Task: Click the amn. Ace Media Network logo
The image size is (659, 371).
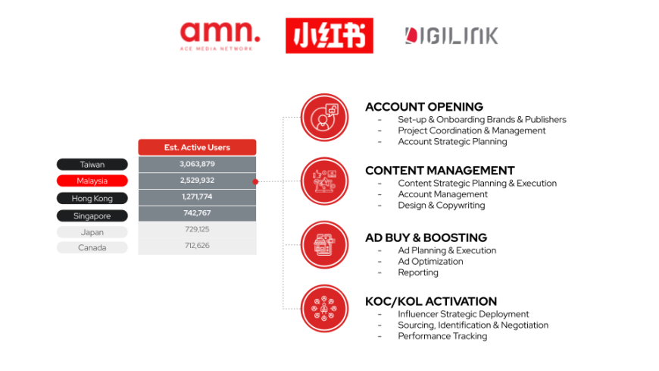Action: tap(220, 36)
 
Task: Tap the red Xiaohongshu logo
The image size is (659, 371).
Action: tap(329, 36)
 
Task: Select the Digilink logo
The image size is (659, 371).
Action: tap(451, 36)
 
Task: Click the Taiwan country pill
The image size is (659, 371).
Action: tap(92, 164)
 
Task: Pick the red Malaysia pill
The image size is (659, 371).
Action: tap(92, 181)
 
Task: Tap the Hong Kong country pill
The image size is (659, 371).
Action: tap(92, 198)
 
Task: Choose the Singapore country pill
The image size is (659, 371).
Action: tap(92, 215)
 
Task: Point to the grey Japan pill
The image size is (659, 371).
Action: tap(92, 232)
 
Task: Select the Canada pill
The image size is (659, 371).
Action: tap(92, 247)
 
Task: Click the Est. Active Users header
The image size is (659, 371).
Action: tap(197, 147)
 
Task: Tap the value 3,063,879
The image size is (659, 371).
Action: tap(197, 164)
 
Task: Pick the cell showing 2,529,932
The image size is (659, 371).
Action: tap(197, 181)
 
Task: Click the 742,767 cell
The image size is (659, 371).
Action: tap(197, 213)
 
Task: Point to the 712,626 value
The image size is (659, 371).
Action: tap(197, 246)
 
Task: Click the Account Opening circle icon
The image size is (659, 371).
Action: tap(324, 118)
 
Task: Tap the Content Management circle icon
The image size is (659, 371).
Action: tap(324, 181)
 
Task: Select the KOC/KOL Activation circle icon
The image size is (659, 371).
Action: tap(324, 309)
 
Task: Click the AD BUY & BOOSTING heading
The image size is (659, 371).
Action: tap(426, 237)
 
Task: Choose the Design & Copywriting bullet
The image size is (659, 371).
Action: tap(442, 206)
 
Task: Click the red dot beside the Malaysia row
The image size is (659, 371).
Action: tap(255, 181)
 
